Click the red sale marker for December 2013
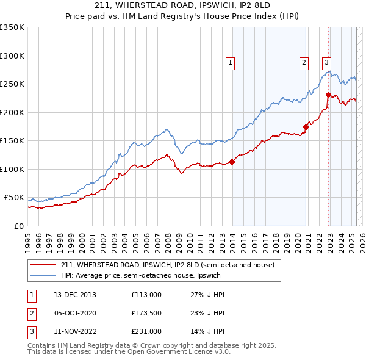coord(232,162)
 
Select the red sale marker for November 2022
coord(328,95)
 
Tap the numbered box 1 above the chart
coord(231,62)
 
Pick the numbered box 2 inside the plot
coord(304,62)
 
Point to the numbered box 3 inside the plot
coord(327,62)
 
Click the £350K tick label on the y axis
coord(12,27)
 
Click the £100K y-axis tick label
coord(12,169)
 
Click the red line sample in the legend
coord(43,265)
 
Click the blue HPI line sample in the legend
coord(43,275)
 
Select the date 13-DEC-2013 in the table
coord(75,294)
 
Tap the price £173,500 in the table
coord(146,313)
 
